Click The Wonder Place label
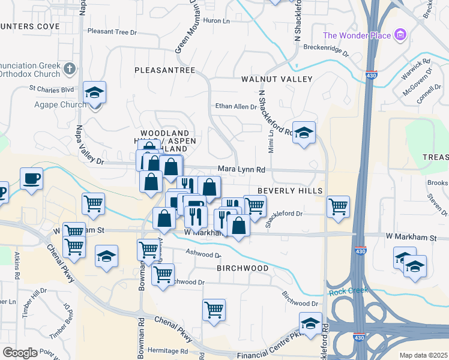357,35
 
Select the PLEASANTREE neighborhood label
164,70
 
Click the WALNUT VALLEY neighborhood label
277,79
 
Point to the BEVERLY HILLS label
291,190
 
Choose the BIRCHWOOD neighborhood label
243,268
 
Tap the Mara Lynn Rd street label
241,170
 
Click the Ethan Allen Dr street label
236,107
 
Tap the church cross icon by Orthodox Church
70,69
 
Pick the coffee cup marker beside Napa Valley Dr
31,178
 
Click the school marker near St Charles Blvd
94,92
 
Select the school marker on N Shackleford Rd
304,131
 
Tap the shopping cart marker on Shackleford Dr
339,206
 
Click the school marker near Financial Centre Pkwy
310,323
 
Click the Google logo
20,353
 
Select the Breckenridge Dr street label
326,47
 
